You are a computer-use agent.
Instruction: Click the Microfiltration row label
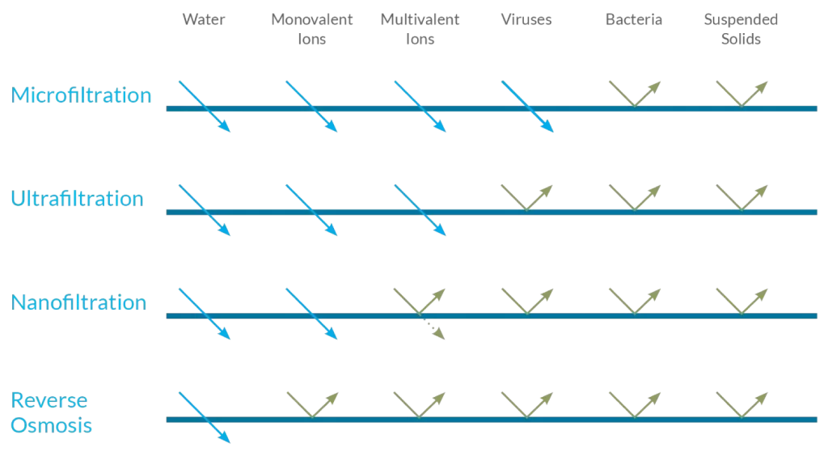(81, 95)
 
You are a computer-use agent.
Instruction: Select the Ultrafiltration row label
(78, 199)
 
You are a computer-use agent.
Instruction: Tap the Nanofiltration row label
(79, 303)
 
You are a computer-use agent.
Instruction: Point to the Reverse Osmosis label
(52, 413)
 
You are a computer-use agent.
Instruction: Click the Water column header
(203, 19)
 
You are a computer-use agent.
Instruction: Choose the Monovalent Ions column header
(311, 28)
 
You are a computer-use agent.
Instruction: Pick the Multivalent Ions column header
(419, 28)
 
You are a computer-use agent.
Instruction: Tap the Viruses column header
(526, 19)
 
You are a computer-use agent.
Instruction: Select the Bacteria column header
(634, 19)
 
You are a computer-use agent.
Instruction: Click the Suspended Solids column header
(741, 28)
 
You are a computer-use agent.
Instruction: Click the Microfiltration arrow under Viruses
(527, 107)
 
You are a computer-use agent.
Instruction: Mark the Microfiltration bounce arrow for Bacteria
(635, 95)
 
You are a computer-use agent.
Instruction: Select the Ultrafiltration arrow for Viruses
(527, 198)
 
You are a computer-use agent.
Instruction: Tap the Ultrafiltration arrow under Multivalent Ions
(420, 210)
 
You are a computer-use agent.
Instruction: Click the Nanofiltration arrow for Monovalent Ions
(311, 314)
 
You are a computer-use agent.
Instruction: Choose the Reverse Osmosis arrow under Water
(204, 417)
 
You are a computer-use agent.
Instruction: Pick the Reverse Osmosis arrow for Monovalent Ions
(312, 405)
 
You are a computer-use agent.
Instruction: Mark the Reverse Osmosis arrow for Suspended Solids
(741, 405)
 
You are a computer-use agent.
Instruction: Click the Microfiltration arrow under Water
(204, 107)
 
